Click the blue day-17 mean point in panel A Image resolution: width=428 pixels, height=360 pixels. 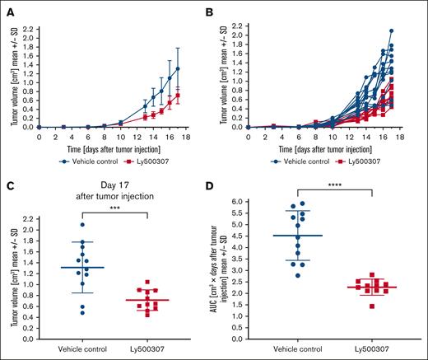tap(202, 68)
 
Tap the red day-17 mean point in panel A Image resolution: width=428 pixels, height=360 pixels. tap(202, 96)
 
